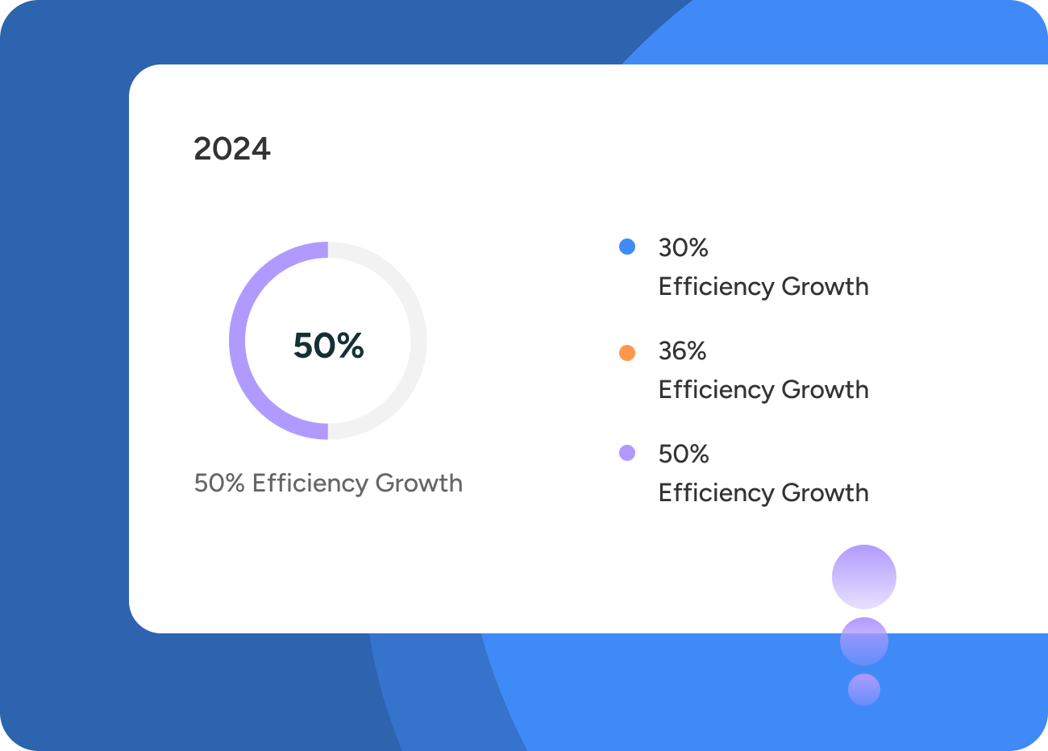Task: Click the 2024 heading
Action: pyautogui.click(x=232, y=149)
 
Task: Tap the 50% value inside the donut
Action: pyautogui.click(x=328, y=345)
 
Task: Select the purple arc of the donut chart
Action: pyautogui.click(x=237, y=340)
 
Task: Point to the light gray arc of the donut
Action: pyautogui.click(x=418, y=340)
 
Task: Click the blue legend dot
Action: pyautogui.click(x=627, y=247)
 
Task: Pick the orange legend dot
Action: pyautogui.click(x=627, y=353)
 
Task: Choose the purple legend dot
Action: pyautogui.click(x=627, y=453)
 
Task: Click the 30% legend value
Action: pyautogui.click(x=683, y=247)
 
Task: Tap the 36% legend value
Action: pyautogui.click(x=682, y=351)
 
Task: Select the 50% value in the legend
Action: pyautogui.click(x=684, y=454)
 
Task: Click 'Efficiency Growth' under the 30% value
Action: pyautogui.click(x=763, y=287)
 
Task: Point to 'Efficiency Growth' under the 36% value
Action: pyautogui.click(x=763, y=390)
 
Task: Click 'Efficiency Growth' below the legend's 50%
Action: pyautogui.click(x=763, y=493)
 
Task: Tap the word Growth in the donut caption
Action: pyautogui.click(x=418, y=483)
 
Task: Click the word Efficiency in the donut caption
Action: pyautogui.click(x=310, y=483)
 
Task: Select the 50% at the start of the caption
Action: pyautogui.click(x=219, y=483)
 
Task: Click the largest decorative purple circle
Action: pyautogui.click(x=864, y=577)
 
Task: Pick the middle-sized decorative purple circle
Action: pyautogui.click(x=864, y=641)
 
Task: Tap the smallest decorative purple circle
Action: pyautogui.click(x=864, y=689)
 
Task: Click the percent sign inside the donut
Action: pyautogui.click(x=350, y=345)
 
